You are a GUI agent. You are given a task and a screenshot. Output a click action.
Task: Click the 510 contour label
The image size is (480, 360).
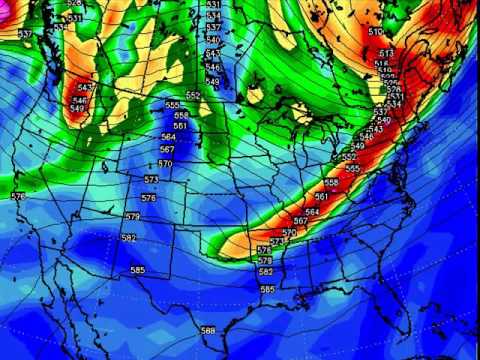[x=376, y=32]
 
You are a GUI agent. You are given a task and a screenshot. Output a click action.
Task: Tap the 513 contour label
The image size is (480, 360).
[x=387, y=53]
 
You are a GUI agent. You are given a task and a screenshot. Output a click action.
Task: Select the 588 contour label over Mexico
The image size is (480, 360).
[x=207, y=331]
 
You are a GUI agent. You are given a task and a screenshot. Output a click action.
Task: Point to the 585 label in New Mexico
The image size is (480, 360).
[x=137, y=270]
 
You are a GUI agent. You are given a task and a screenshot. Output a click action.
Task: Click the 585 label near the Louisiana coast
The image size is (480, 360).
[x=267, y=289]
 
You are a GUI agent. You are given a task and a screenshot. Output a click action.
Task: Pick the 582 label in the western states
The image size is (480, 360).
[x=127, y=238]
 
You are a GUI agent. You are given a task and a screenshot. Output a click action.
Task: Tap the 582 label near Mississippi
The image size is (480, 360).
[x=266, y=272]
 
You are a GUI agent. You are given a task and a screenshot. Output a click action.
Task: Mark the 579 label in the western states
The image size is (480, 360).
[x=132, y=216]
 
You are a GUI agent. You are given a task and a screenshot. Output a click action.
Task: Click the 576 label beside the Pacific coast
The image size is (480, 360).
[x=18, y=197]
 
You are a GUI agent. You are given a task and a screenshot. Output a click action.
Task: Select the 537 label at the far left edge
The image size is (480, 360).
[x=24, y=35]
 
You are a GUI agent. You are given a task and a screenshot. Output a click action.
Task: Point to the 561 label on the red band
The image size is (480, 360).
[x=321, y=197]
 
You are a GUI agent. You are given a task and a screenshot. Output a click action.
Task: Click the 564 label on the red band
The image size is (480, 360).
[x=312, y=212]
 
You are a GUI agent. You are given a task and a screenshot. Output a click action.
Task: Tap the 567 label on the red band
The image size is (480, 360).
[x=300, y=221]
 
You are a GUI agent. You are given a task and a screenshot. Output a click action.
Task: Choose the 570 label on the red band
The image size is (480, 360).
[x=289, y=232]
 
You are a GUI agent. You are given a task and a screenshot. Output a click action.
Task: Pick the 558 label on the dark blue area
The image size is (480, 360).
[x=181, y=115]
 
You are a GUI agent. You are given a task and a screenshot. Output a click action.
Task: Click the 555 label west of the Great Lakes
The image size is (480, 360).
[x=173, y=105]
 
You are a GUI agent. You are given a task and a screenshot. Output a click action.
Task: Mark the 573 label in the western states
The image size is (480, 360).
[x=150, y=179]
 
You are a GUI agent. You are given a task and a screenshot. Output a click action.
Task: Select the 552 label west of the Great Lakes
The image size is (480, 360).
[x=193, y=95]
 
